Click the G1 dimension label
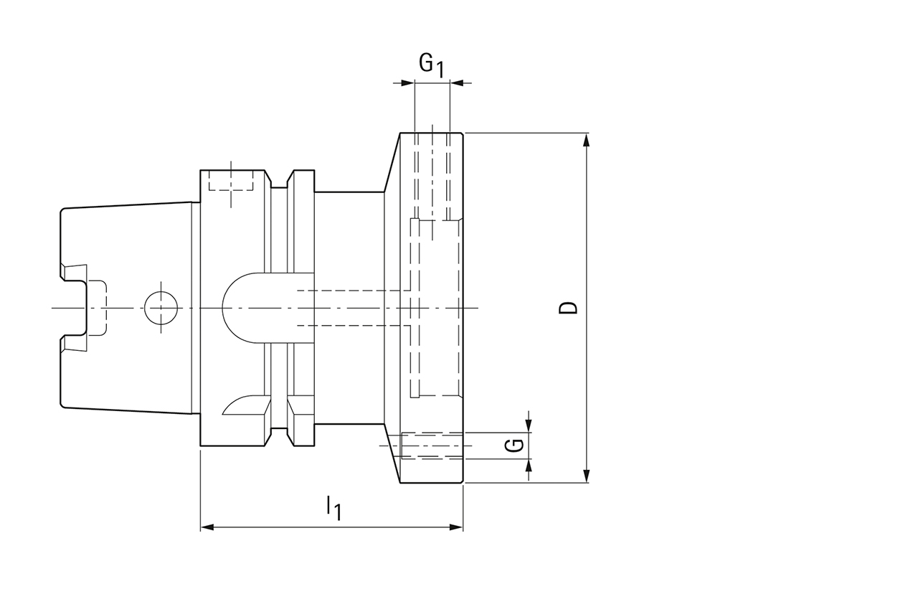click(x=432, y=65)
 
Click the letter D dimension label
click(x=569, y=308)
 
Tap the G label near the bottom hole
click(x=513, y=446)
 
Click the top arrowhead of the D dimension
click(x=587, y=139)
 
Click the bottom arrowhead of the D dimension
click(x=587, y=476)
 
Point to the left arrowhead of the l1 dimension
click(x=207, y=527)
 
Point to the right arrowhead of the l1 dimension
click(x=456, y=527)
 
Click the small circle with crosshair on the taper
click(x=161, y=309)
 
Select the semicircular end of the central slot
click(x=233, y=308)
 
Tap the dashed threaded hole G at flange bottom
click(x=430, y=446)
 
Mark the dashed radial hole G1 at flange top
click(x=432, y=176)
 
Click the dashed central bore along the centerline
click(x=351, y=308)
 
